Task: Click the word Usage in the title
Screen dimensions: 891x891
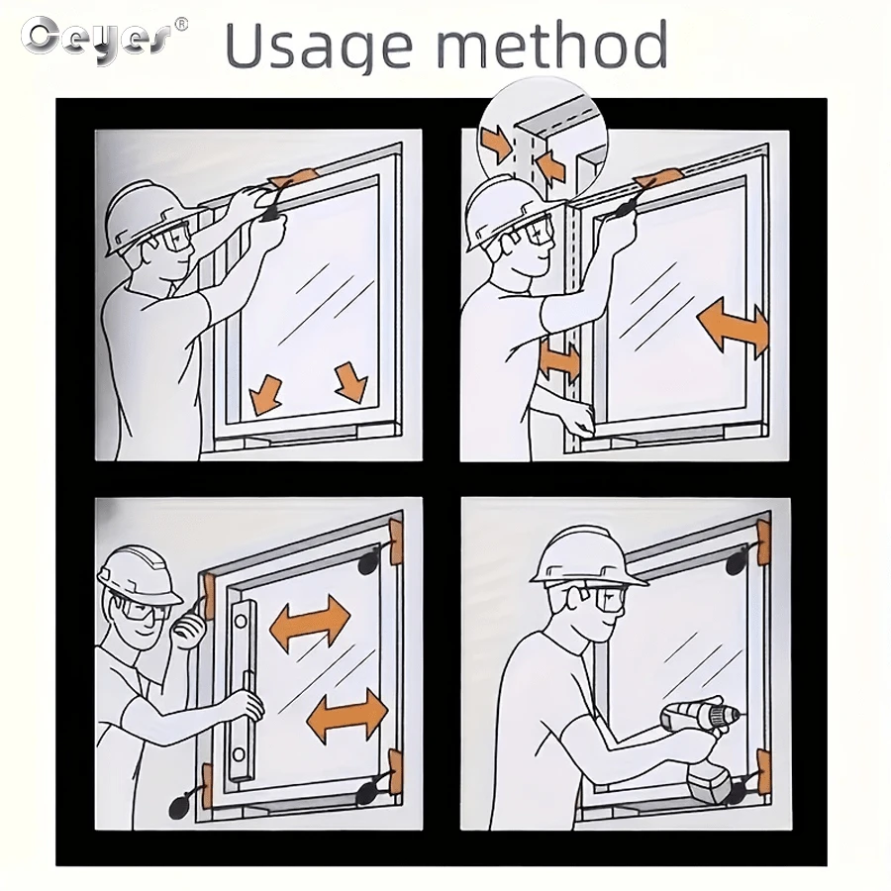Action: [x=318, y=46]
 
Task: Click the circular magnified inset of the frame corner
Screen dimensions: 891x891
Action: [x=543, y=140]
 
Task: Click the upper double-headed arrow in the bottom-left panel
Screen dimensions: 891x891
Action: [x=310, y=623]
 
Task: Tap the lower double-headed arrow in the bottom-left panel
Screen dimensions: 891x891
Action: [x=346, y=715]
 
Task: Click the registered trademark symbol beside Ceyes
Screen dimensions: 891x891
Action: [x=181, y=25]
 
